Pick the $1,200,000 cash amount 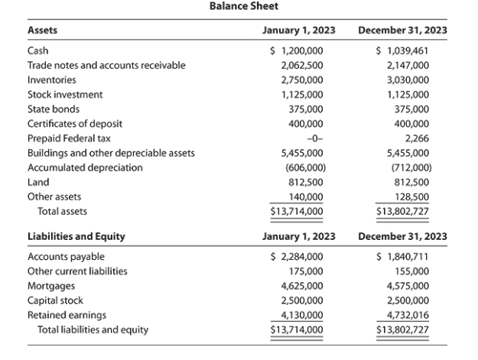pyautogui.click(x=298, y=50)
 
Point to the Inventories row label pyautogui.click(x=51, y=80)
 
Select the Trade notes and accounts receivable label pyautogui.click(x=106, y=66)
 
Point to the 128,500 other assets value pyautogui.click(x=409, y=196)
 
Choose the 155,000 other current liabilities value pyautogui.click(x=409, y=271)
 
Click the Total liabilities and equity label pyautogui.click(x=93, y=330)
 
